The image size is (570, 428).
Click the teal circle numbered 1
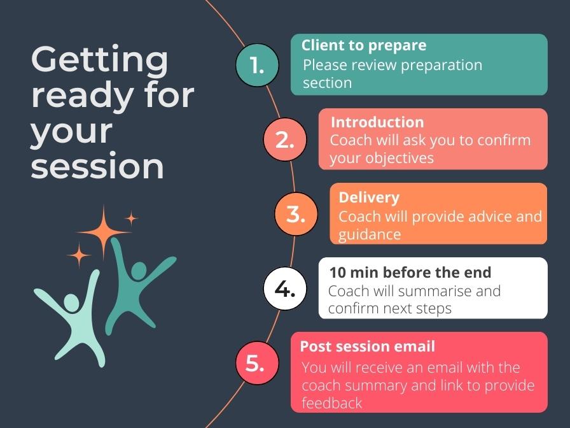coord(257,65)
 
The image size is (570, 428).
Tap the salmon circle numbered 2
coord(284,139)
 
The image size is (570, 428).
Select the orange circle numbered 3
coord(295,214)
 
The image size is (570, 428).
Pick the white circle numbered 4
coord(284,289)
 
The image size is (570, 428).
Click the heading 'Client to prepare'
coord(363,46)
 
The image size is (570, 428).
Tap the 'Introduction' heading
coord(377,122)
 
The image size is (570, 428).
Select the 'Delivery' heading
coord(368,197)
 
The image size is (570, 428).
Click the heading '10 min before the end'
coord(410,273)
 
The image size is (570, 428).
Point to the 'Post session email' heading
coord(367,346)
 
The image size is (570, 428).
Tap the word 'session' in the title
coord(97,167)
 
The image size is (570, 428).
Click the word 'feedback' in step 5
coord(331,403)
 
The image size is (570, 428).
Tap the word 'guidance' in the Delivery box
coord(369,234)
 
